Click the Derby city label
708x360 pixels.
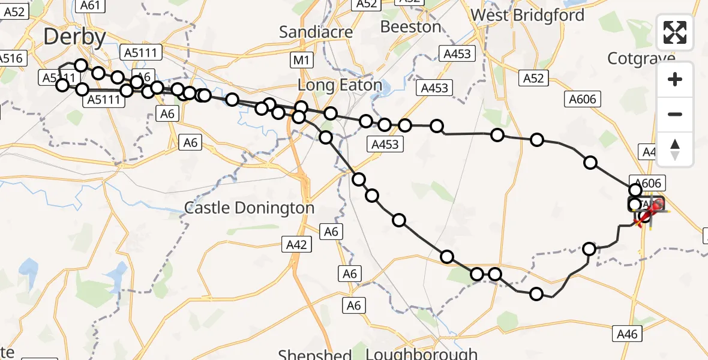tap(74, 37)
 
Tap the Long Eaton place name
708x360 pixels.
tap(340, 85)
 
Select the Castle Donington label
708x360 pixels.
tap(249, 208)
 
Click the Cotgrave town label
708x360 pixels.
tap(641, 58)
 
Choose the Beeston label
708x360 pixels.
tap(411, 27)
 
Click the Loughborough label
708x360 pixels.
tap(421, 354)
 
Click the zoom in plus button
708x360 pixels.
tap(675, 79)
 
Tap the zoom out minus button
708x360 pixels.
tap(675, 114)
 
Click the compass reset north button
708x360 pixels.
tap(675, 149)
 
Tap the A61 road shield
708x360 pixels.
tap(90, 5)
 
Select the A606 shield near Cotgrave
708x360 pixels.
tap(582, 100)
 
